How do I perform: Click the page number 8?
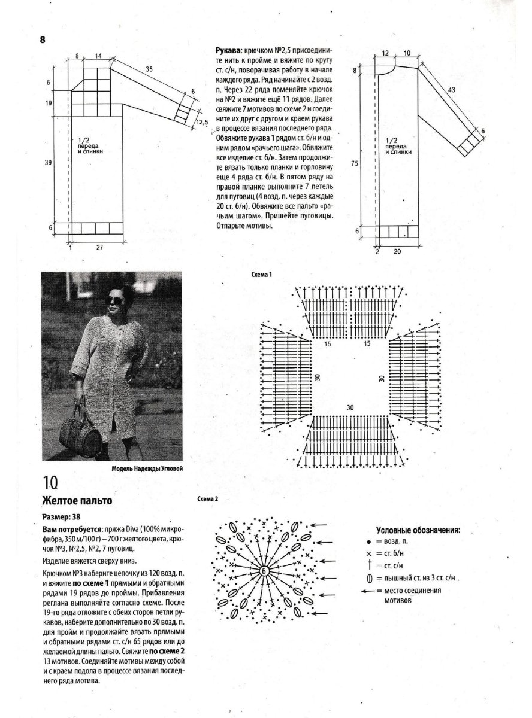click(43, 40)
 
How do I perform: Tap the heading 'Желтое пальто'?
click(77, 500)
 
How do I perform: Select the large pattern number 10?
click(50, 483)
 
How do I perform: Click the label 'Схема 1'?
click(262, 275)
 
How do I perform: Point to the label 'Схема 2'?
click(208, 498)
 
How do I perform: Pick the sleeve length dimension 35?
click(149, 69)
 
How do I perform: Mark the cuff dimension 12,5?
click(201, 123)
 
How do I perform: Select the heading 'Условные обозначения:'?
click(418, 531)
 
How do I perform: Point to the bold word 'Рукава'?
click(229, 51)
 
